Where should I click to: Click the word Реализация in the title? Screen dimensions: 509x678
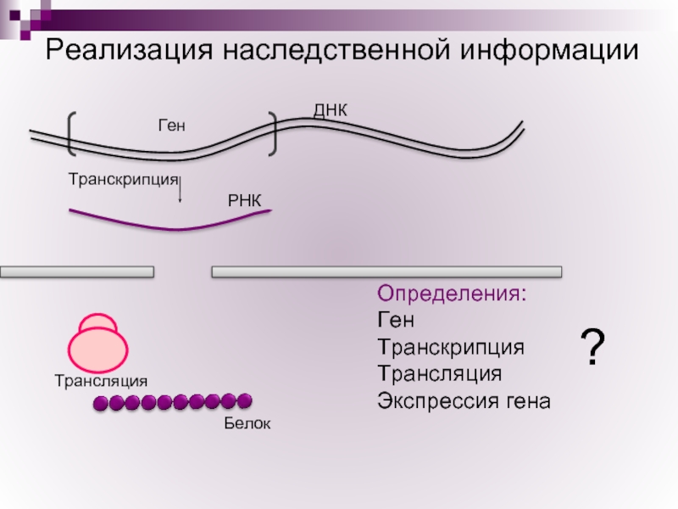(128, 50)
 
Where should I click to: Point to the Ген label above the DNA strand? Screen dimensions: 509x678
(170, 126)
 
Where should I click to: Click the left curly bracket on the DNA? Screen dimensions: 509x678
(70, 134)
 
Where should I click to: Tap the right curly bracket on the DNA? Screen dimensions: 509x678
(272, 134)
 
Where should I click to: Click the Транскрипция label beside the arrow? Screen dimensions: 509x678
(123, 179)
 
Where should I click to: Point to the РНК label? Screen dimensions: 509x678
(247, 200)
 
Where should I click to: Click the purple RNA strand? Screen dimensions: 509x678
(169, 224)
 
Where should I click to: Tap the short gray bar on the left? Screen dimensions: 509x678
(77, 272)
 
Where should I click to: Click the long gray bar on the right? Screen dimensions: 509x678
(386, 272)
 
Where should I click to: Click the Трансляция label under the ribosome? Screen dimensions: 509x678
(101, 381)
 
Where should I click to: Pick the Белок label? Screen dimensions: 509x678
(247, 422)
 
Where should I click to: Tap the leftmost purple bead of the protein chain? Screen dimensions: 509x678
(101, 404)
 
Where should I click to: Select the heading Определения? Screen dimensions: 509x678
(452, 295)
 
